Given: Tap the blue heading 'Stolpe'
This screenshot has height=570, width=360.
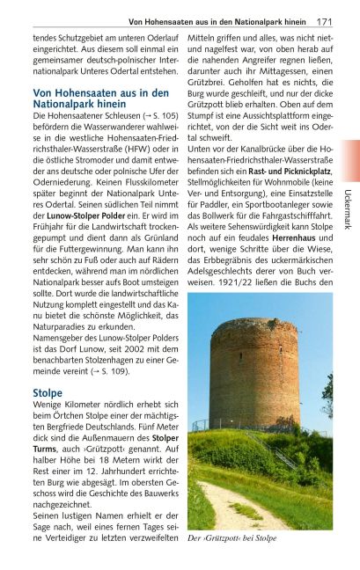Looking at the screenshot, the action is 48,391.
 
